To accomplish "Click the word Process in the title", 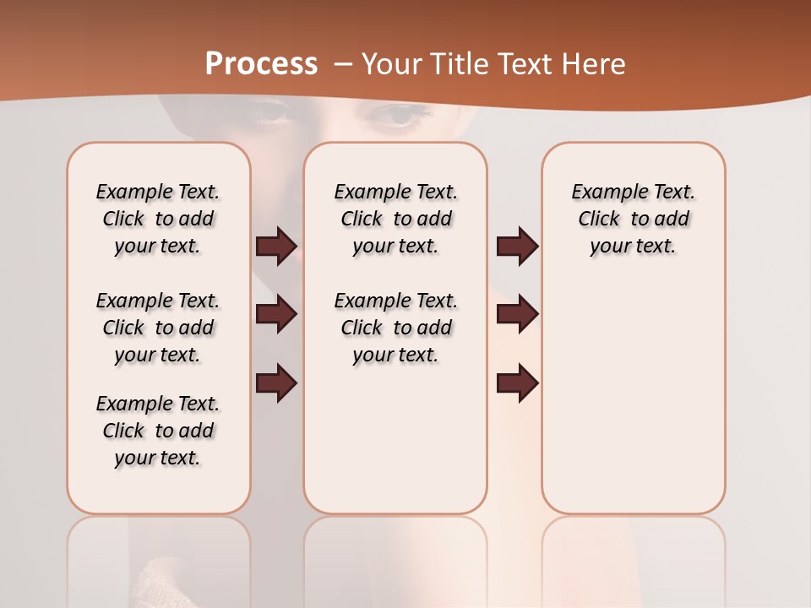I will click(x=261, y=63).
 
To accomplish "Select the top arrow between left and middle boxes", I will click(x=276, y=247).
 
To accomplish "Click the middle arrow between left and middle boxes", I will click(x=276, y=314).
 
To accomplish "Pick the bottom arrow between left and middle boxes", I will click(x=276, y=383).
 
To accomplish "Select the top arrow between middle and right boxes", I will click(x=517, y=247).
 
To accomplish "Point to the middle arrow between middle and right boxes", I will click(x=517, y=314).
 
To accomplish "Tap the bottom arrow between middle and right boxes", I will click(x=517, y=383).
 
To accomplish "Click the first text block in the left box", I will click(x=158, y=219).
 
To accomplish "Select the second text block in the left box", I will click(x=158, y=328).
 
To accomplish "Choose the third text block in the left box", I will click(x=158, y=431).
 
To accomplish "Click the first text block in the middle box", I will click(x=396, y=219).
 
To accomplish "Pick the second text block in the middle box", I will click(x=396, y=328).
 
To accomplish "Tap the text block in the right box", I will click(x=634, y=219).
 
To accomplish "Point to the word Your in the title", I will click(x=389, y=63).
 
